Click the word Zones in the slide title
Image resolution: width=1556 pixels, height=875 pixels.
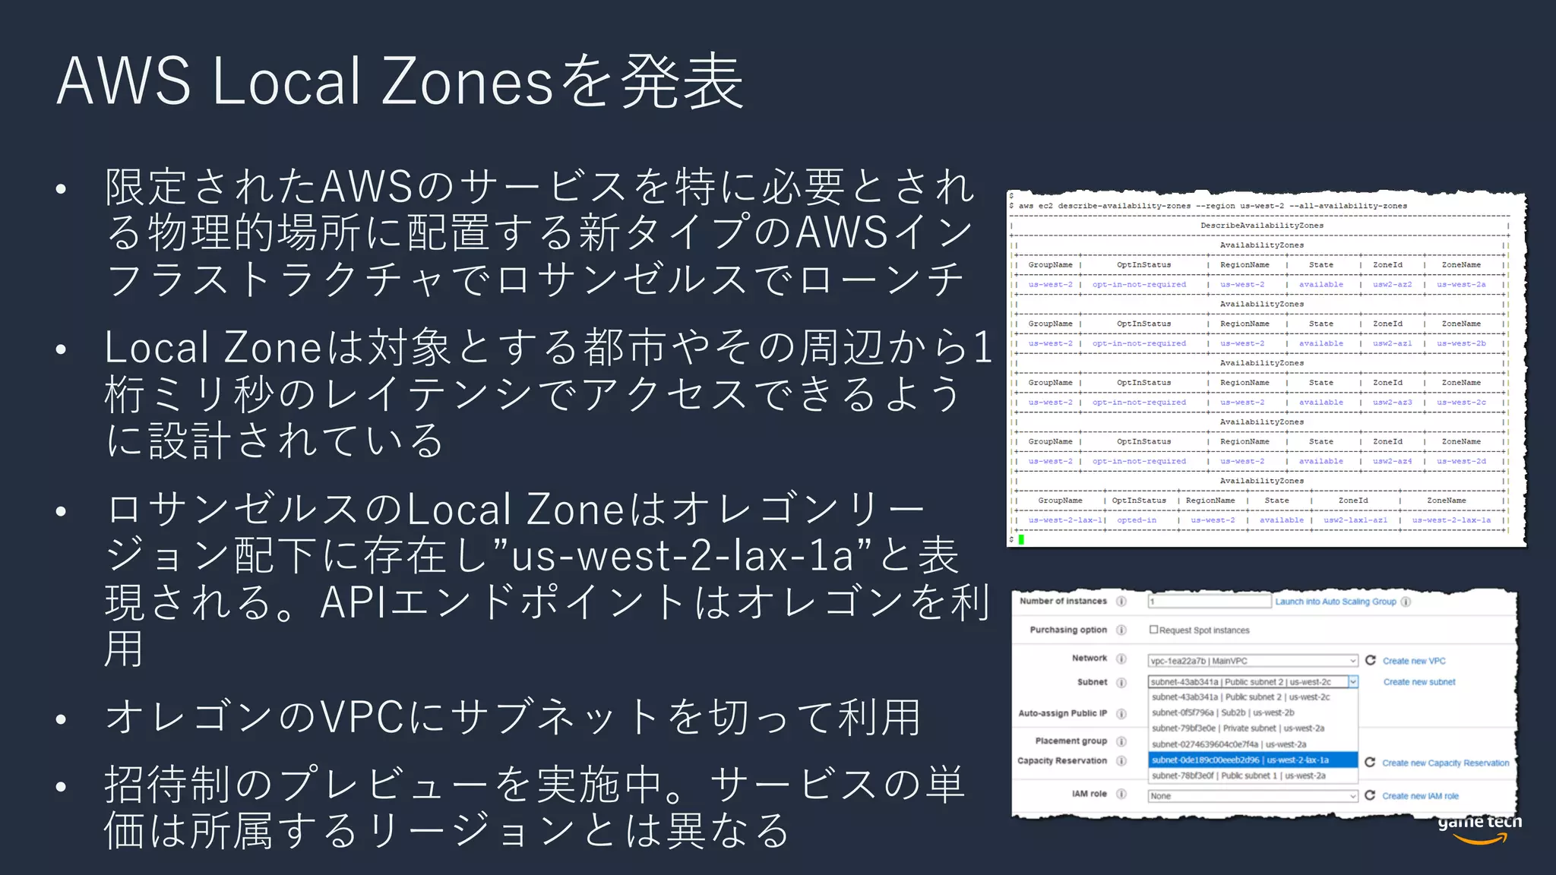466,81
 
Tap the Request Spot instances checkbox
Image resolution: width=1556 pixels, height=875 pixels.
1153,630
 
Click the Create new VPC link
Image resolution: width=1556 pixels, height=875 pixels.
1413,661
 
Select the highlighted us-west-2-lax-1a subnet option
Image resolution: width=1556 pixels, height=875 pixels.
1252,760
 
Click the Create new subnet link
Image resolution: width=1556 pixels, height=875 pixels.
1418,682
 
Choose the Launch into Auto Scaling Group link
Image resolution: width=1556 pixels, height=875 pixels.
1335,602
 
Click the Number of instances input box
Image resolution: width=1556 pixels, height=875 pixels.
1209,602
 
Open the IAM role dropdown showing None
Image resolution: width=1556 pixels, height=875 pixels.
1252,796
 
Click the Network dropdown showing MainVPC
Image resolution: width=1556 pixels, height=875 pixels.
1252,661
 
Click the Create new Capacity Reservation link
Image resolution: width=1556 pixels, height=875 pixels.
1445,763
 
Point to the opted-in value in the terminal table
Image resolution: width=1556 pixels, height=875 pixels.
1136,520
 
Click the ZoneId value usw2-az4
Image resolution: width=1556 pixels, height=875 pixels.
1392,461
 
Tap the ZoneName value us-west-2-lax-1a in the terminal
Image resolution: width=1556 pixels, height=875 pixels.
1451,520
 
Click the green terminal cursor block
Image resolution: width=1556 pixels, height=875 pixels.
1021,539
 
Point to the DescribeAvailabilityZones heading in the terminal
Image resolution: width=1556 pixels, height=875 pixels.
1261,226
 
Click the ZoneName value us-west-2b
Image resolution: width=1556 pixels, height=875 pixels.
1461,343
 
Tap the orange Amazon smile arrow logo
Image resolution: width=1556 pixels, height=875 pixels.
1479,839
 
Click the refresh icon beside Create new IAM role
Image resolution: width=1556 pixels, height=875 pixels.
1370,795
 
